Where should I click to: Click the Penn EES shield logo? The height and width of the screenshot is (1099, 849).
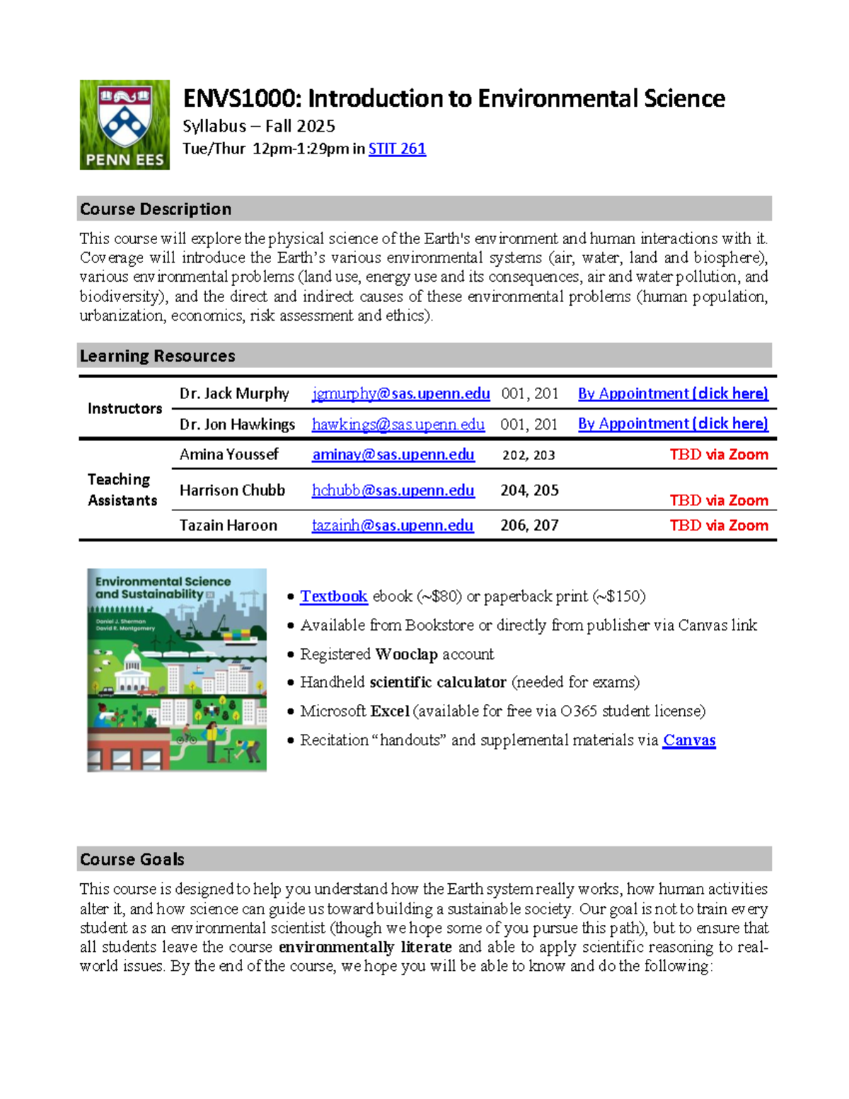(x=125, y=125)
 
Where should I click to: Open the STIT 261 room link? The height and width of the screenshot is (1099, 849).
(x=397, y=149)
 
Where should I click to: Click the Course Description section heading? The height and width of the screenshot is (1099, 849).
(x=156, y=209)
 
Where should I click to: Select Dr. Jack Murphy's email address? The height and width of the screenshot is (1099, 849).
(x=400, y=393)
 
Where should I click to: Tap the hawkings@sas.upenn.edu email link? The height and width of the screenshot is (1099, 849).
(x=398, y=425)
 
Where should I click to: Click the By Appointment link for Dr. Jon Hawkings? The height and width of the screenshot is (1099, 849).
(x=672, y=424)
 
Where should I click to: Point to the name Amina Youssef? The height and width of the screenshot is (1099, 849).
(x=229, y=454)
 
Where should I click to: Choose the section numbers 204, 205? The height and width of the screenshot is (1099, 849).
(x=529, y=490)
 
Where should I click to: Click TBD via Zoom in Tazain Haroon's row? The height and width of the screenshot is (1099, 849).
(x=718, y=526)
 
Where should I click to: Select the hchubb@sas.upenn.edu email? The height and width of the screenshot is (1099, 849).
(x=393, y=490)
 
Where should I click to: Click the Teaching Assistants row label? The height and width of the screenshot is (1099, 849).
(x=122, y=490)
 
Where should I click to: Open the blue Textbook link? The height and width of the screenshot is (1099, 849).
(x=333, y=597)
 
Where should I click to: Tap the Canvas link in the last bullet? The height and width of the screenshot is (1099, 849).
(x=688, y=740)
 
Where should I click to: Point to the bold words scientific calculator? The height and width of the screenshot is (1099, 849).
(x=437, y=682)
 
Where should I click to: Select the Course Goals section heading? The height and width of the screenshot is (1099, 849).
(x=132, y=859)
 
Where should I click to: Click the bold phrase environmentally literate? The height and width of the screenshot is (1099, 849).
(x=364, y=947)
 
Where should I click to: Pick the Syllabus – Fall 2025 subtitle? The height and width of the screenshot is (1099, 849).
(x=258, y=126)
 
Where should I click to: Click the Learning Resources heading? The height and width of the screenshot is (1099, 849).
(x=157, y=356)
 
